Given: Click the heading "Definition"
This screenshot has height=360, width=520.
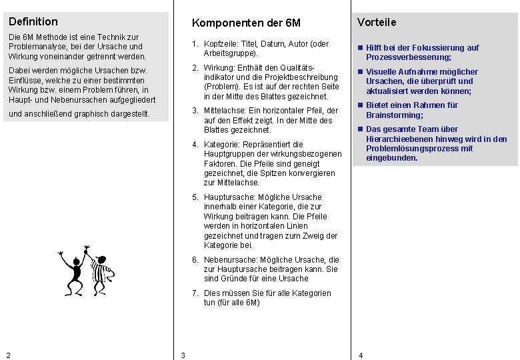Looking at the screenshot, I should tap(33, 21).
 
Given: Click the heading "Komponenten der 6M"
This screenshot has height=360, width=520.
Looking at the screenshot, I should tap(246, 23).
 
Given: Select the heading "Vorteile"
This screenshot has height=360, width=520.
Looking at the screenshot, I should tap(377, 22).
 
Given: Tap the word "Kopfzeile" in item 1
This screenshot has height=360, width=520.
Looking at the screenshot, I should tap(221, 44).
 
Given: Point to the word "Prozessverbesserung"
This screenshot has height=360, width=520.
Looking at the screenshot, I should tap(407, 57).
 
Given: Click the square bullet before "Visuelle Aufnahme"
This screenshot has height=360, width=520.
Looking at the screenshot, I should tap(360, 72).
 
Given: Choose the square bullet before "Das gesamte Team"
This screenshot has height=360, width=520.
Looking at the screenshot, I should tap(360, 129).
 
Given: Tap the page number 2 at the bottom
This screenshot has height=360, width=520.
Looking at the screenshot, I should tap(8, 355).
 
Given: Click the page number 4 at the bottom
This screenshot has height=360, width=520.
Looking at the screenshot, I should tap(361, 355).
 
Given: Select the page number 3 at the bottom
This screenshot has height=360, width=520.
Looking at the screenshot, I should tap(183, 355).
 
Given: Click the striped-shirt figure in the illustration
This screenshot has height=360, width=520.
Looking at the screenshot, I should tap(101, 271).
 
